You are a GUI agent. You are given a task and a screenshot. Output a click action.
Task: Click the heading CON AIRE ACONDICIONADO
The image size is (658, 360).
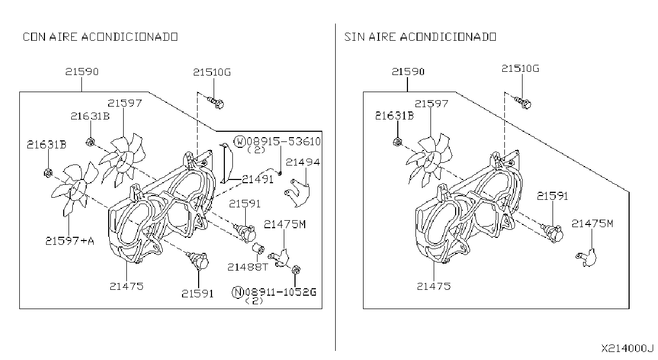tap(100, 37)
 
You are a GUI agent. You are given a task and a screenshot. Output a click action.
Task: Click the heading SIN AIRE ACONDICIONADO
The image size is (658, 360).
tap(420, 37)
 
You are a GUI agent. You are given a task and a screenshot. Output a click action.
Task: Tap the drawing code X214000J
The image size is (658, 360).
tap(627, 348)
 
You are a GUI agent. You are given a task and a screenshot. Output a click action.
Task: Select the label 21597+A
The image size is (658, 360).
tap(70, 241)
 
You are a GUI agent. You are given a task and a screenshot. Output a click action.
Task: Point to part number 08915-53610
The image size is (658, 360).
tap(283, 141)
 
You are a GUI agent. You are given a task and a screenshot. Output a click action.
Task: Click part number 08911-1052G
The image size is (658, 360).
tap(281, 292)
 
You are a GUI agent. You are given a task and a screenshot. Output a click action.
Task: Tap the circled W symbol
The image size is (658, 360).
tap(239, 141)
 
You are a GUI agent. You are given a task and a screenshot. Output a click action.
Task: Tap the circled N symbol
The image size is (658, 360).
tap(238, 292)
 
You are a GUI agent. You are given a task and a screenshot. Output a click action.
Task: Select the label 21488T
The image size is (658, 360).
tap(248, 267)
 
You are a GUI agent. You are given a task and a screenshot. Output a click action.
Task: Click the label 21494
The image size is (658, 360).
tap(302, 162)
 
